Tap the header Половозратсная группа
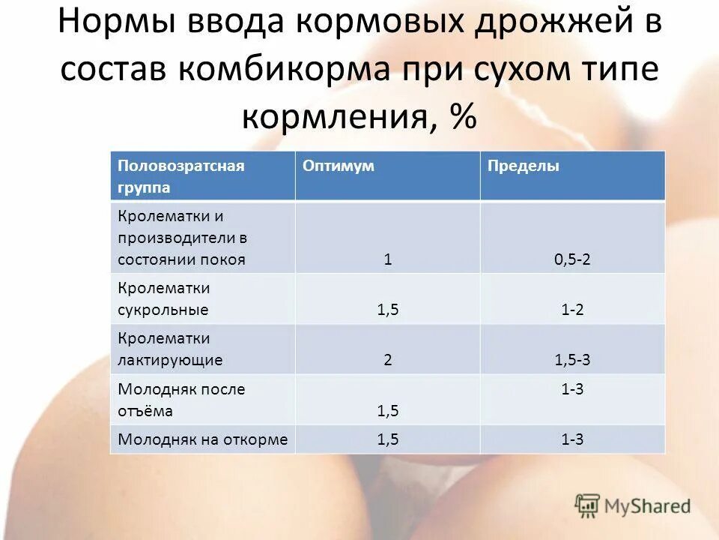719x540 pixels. point(180,175)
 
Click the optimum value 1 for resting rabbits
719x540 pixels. point(388,259)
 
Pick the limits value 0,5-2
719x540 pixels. point(572,259)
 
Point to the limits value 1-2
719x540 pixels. point(572,309)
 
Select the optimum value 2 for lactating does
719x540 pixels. point(388,359)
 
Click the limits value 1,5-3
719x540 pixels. point(572,359)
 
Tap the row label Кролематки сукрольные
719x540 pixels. point(163,298)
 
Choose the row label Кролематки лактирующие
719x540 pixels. point(169,349)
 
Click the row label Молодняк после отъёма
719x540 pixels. point(180,400)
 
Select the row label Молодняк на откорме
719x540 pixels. point(202,439)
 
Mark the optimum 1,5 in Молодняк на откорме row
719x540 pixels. point(388,439)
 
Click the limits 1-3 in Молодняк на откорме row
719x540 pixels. point(572,439)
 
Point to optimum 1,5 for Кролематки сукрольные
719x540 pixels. point(388,309)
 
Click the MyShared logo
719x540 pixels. point(633,506)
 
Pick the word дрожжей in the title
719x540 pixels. point(551,25)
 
